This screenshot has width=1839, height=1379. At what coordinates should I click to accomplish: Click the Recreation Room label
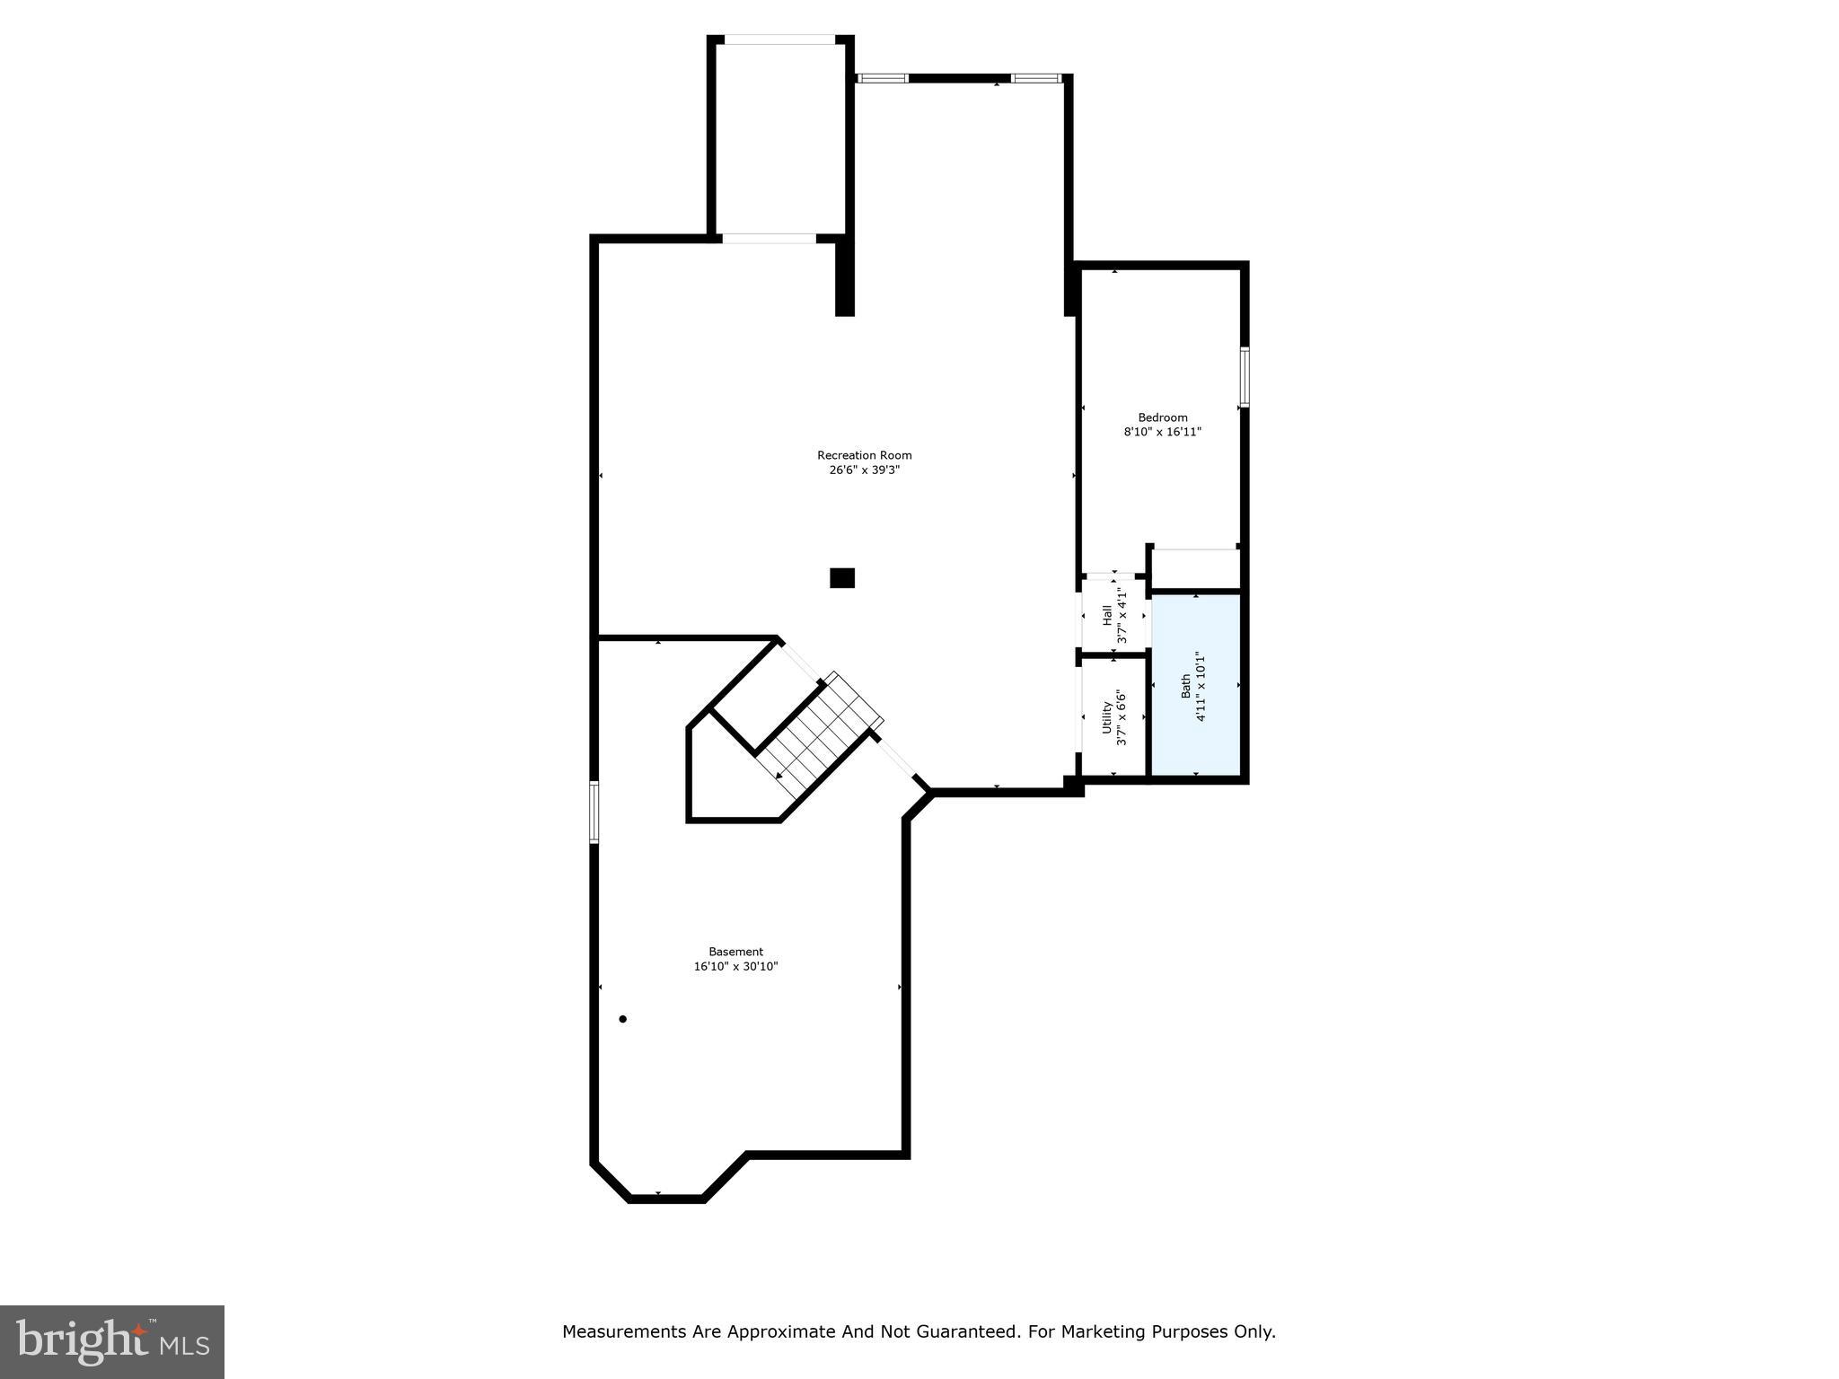(864, 455)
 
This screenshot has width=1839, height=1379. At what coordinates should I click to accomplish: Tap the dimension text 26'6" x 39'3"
(864, 470)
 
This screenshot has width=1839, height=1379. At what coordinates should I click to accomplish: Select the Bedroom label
(1163, 417)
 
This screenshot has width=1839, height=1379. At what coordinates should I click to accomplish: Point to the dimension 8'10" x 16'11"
(1163, 432)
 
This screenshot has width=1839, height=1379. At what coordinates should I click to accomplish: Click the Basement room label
(735, 952)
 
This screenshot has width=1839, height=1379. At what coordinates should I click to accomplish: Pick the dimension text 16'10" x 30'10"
(735, 967)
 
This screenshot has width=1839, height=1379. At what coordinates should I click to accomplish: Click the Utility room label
(1107, 717)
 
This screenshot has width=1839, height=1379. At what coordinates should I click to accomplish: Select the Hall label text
(1107, 615)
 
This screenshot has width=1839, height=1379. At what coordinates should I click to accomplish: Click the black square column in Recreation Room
(842, 578)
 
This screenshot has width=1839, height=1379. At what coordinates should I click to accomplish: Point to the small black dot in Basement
(622, 1019)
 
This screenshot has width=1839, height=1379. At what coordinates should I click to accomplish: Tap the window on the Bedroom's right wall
(1245, 377)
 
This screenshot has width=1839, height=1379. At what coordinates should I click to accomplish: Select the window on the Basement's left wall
(594, 812)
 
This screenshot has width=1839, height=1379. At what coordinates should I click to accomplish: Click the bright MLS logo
(112, 1341)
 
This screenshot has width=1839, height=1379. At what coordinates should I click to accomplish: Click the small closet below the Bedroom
(1194, 569)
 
